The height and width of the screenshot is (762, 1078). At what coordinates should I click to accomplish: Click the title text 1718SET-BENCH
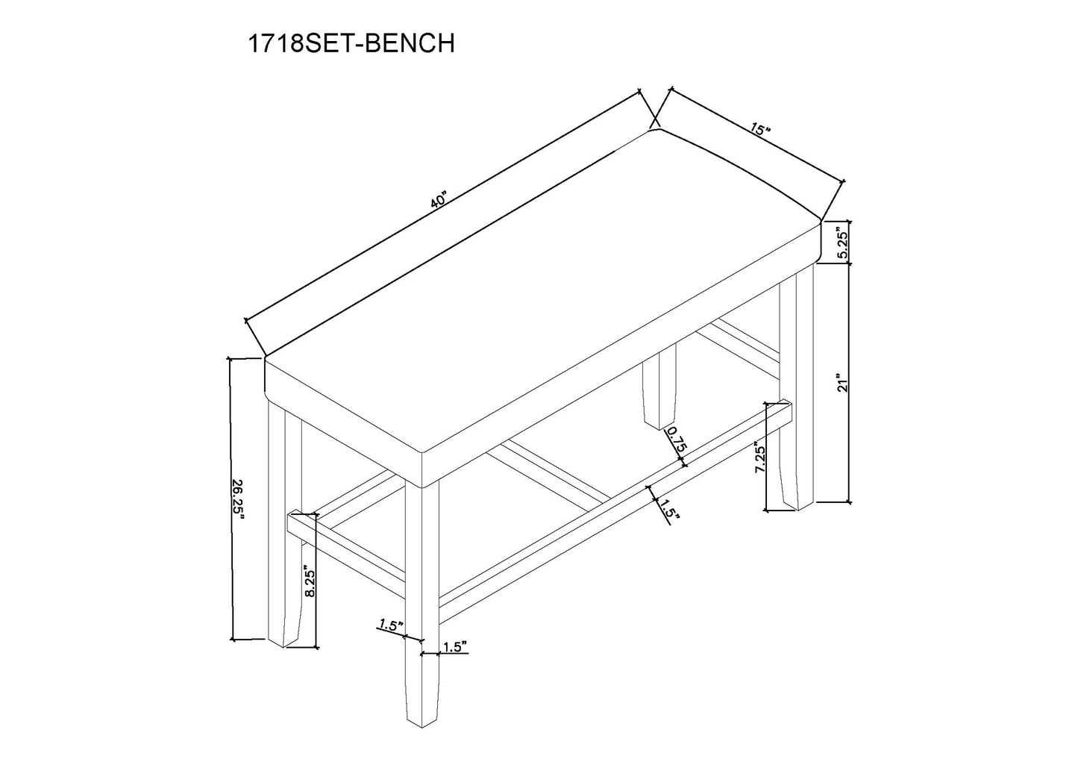[x=351, y=43]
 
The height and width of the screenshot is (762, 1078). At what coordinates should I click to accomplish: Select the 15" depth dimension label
[x=759, y=131]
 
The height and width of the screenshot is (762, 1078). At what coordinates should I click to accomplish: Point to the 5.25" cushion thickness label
[x=843, y=243]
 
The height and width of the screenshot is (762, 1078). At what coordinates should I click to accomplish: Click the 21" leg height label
[x=843, y=383]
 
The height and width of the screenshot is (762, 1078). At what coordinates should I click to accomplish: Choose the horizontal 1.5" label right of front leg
[x=454, y=646]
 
